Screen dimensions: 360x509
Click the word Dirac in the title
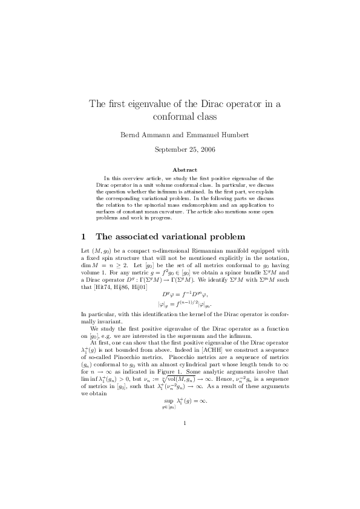point(213,103)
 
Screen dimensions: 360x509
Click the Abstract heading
point(180,170)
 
